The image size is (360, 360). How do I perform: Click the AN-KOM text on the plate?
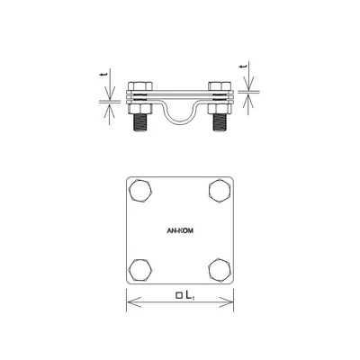[180, 229]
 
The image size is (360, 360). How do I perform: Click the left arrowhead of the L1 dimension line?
[128, 300]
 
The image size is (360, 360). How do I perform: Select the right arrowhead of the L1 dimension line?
[232, 300]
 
